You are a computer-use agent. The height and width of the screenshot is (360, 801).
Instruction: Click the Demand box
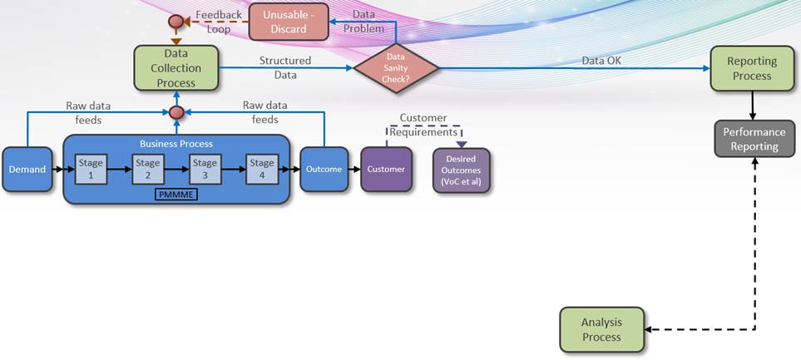tap(27, 169)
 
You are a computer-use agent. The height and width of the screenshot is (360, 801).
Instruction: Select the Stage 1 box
tap(91, 169)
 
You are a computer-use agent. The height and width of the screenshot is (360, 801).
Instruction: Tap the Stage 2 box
tap(148, 169)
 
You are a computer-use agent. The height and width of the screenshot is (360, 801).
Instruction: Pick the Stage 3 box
tap(205, 169)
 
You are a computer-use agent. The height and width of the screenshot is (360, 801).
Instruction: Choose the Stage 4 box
tap(262, 169)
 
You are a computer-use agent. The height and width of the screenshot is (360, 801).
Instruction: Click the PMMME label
tap(176, 194)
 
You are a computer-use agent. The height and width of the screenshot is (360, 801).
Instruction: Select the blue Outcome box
tap(324, 169)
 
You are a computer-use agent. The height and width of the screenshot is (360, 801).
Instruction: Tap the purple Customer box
tap(386, 169)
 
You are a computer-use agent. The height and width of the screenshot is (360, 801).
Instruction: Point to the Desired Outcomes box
tap(462, 170)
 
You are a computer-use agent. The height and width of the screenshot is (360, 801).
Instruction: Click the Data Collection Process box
tap(176, 67)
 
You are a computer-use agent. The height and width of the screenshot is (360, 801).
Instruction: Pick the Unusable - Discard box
tap(284, 22)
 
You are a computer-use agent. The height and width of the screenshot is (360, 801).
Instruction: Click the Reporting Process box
tap(752, 68)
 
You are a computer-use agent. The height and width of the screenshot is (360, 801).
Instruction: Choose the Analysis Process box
tap(601, 329)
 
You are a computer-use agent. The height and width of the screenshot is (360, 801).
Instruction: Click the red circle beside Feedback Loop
tap(176, 22)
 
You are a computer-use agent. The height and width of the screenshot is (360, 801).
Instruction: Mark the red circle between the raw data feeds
tap(176, 112)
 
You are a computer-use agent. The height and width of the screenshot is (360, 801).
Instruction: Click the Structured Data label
tap(285, 67)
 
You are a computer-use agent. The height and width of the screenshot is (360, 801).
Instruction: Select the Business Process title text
tap(176, 143)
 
